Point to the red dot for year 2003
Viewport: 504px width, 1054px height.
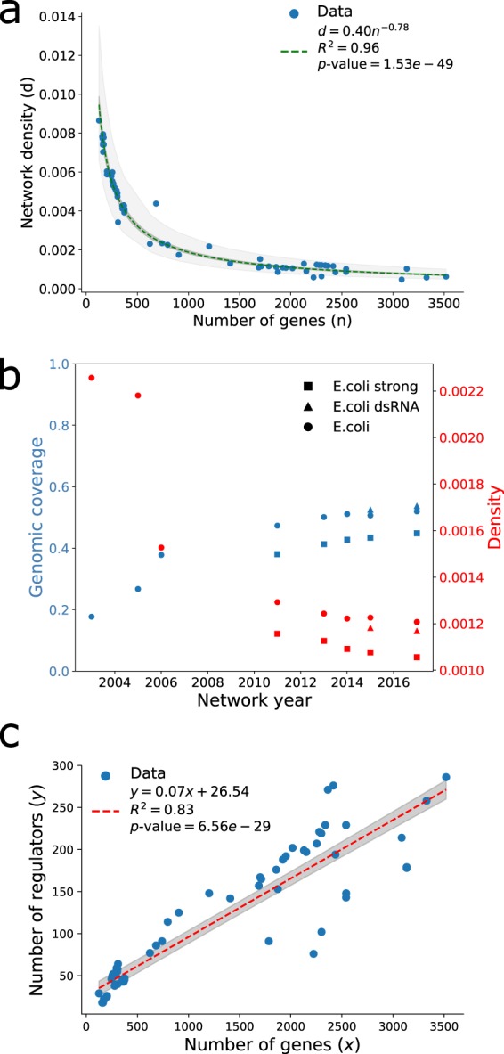(x=91, y=377)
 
